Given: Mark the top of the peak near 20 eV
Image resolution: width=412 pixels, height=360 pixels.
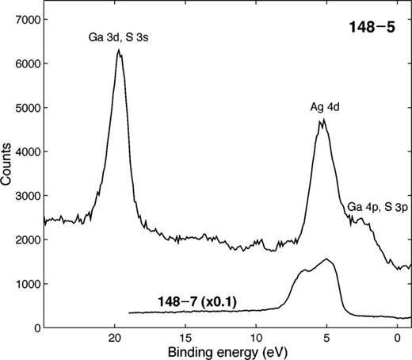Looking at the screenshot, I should click(119, 50).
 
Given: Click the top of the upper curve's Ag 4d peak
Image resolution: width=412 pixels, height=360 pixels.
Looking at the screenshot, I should click(323, 121).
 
